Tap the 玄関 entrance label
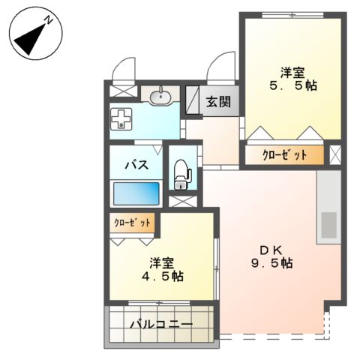(x=219, y=101)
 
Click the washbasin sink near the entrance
(x=160, y=97)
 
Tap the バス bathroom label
(x=135, y=165)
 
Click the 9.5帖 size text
(x=271, y=264)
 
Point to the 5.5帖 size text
(x=292, y=85)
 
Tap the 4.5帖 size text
(x=161, y=276)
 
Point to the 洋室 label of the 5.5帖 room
(x=292, y=72)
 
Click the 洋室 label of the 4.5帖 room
(x=161, y=262)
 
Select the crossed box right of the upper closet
(x=334, y=155)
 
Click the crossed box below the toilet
(x=181, y=201)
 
